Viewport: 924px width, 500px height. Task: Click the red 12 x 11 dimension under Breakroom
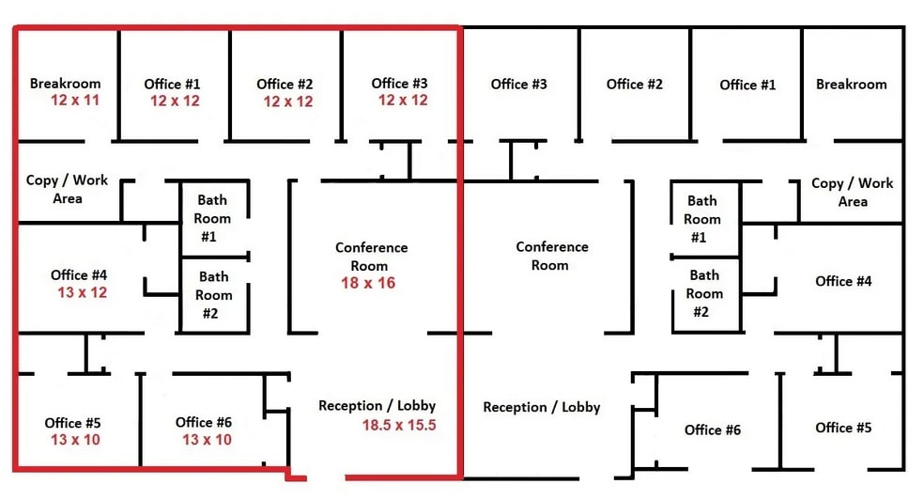[x=75, y=101]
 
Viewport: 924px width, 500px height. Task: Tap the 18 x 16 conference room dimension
[x=368, y=283]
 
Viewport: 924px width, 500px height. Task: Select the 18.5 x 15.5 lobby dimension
[x=399, y=425]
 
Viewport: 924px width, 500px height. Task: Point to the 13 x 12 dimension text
[x=82, y=292]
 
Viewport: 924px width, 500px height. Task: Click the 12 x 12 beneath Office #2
[x=288, y=102]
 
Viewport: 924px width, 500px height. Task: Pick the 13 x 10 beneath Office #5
[x=75, y=440]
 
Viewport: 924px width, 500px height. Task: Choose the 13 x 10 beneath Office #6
[x=207, y=440]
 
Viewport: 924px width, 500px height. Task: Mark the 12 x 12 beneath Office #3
[x=403, y=101]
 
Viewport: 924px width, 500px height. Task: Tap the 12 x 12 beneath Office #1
[x=175, y=101]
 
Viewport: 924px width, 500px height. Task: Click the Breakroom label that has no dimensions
[x=851, y=85]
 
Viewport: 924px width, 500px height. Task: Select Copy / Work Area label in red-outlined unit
[x=68, y=189]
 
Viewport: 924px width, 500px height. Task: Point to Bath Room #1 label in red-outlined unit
[x=212, y=218]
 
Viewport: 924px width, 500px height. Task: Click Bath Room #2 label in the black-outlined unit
[x=704, y=293]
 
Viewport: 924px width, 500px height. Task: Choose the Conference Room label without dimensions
[x=552, y=256]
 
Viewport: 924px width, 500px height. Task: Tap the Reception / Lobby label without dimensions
[x=542, y=408]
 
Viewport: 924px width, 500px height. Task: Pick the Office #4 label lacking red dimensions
[x=843, y=281]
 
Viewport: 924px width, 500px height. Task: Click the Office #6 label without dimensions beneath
[x=713, y=430]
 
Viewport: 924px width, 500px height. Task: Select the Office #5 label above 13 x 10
[x=72, y=423]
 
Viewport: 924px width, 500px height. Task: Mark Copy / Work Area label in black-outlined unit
[x=852, y=193]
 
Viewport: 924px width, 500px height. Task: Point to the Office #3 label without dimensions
[x=518, y=85]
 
